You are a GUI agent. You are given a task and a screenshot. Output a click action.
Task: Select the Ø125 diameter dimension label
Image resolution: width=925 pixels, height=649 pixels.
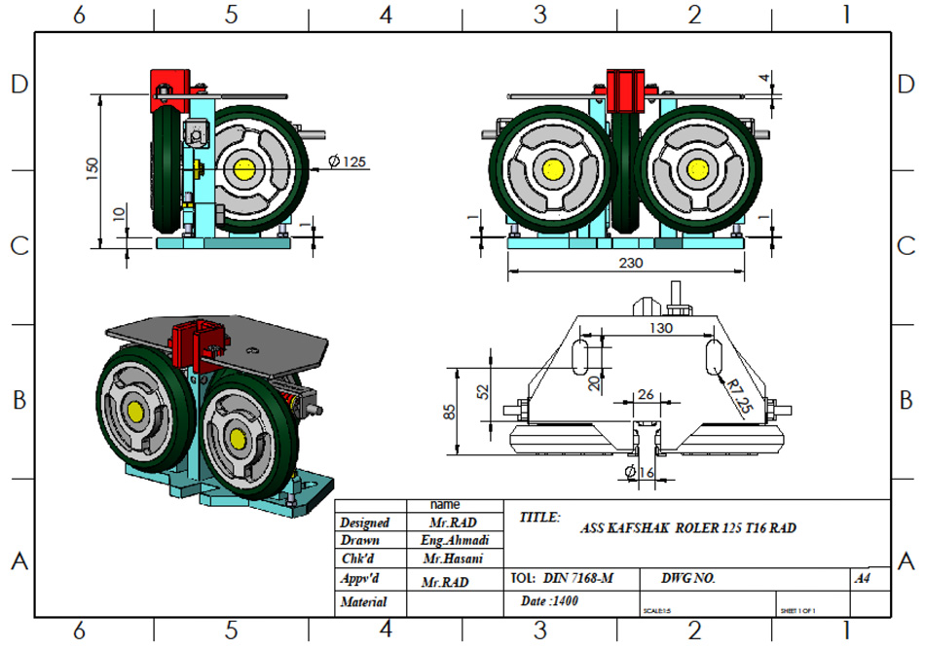pos(348,162)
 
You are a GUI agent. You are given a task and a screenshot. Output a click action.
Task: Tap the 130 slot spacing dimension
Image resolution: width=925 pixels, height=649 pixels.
pos(661,329)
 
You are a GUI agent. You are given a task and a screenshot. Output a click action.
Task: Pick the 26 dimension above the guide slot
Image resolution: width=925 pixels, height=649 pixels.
pos(645,395)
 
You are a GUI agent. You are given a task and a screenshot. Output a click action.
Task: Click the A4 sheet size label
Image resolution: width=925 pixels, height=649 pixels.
pos(862,578)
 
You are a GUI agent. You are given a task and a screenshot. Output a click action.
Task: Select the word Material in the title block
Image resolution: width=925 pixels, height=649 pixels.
pos(363,602)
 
